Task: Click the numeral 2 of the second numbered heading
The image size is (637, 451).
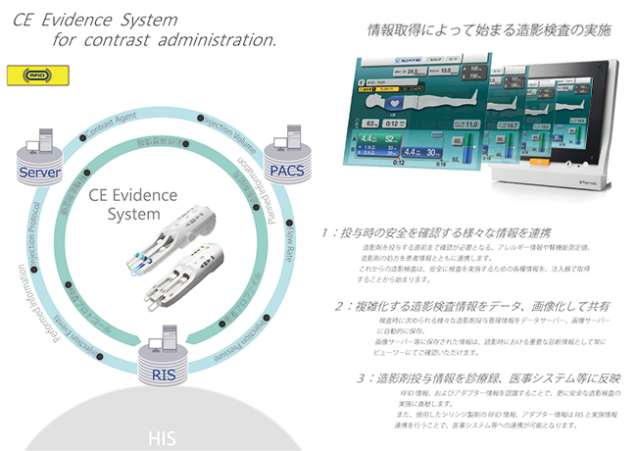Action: coord(340,306)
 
